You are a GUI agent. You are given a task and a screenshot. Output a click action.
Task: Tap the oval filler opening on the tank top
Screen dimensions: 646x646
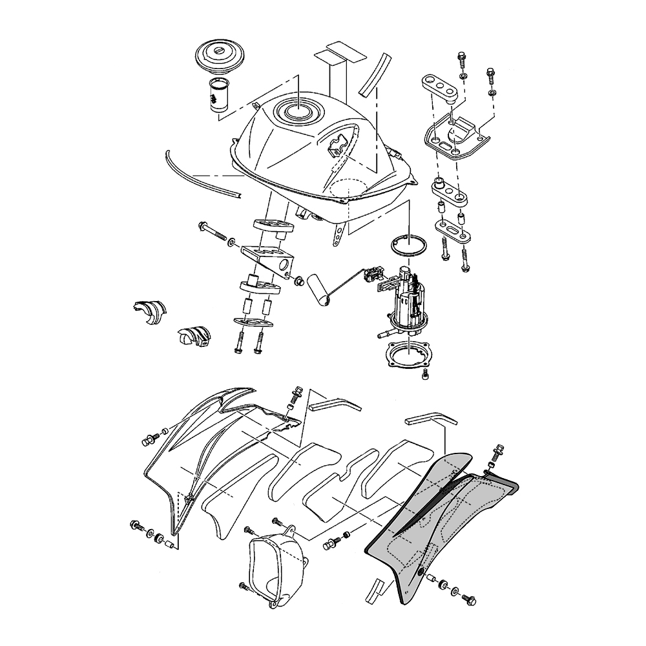tap(300, 112)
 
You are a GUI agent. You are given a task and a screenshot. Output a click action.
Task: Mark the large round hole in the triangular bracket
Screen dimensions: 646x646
tap(284, 263)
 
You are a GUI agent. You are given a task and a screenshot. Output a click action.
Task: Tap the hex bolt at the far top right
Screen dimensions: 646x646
tap(490, 74)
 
